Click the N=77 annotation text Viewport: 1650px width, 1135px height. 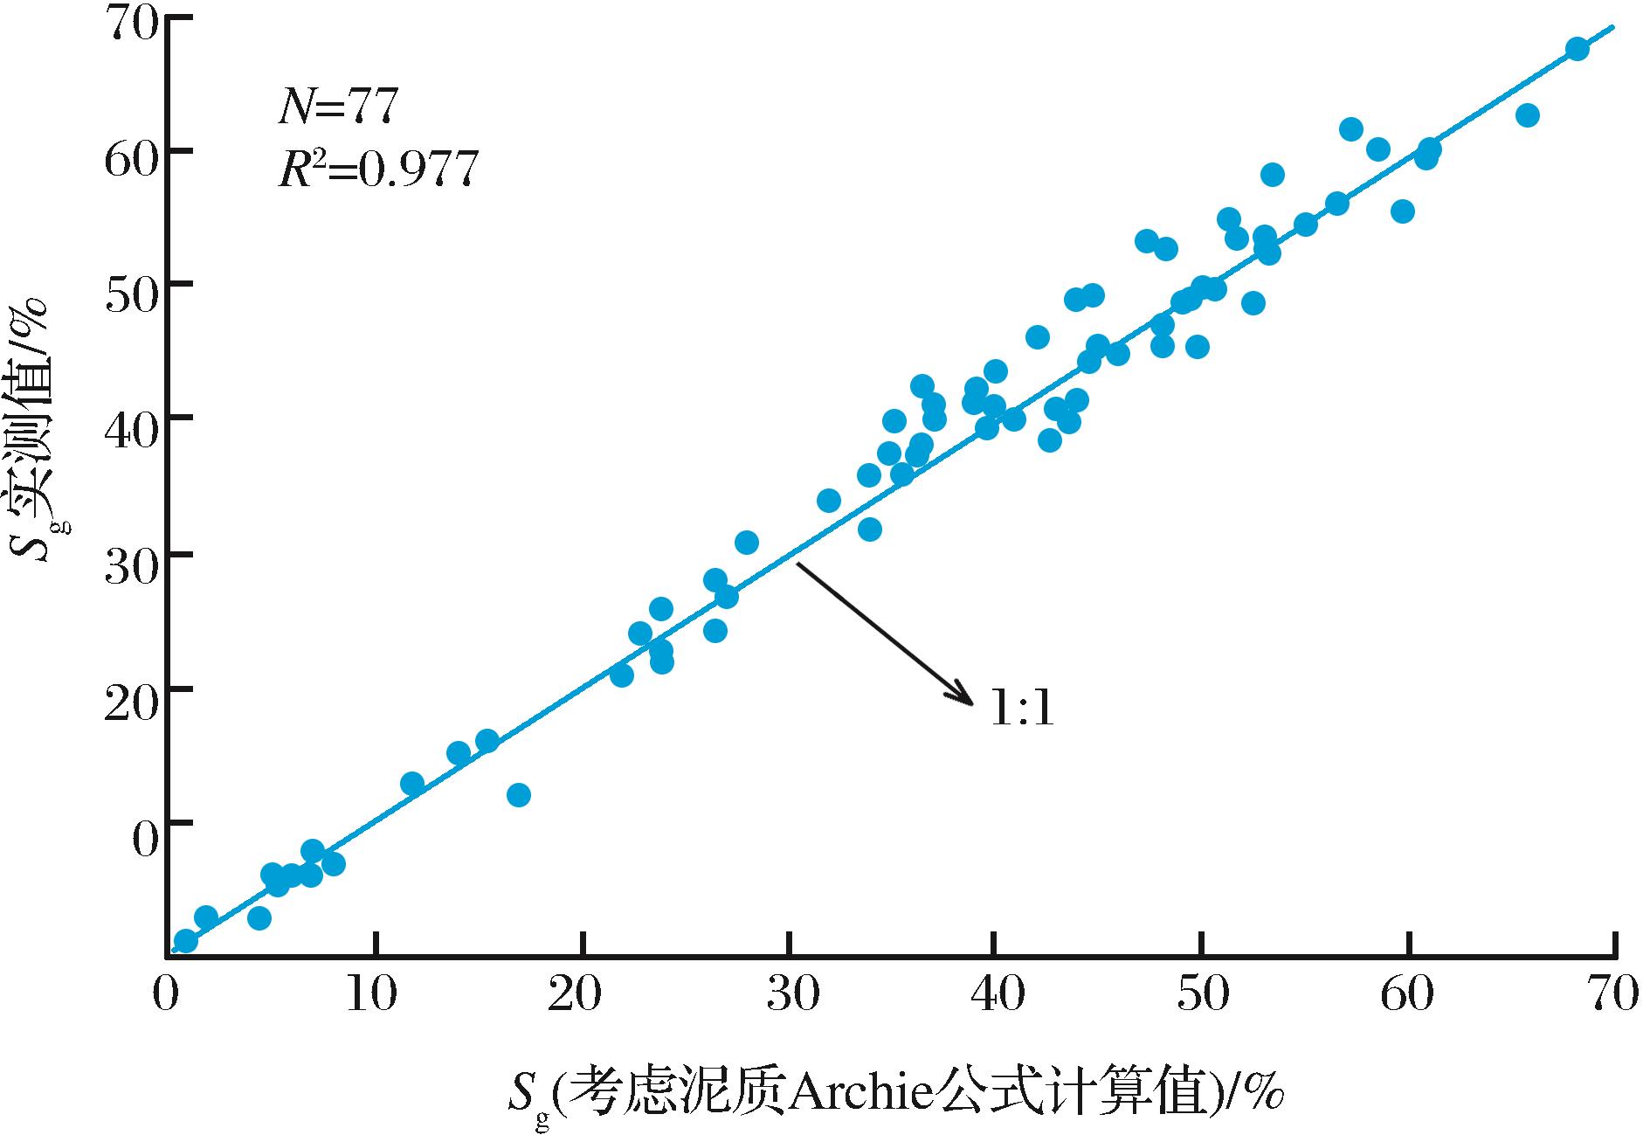(338, 107)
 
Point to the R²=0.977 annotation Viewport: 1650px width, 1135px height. (378, 169)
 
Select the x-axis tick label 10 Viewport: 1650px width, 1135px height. (375, 996)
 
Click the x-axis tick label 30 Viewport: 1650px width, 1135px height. (790, 996)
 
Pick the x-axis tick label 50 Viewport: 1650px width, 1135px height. (1203, 996)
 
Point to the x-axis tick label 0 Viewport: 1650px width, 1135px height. (165, 996)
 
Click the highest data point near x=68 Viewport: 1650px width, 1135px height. (1577, 49)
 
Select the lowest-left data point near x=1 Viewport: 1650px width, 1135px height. (185, 941)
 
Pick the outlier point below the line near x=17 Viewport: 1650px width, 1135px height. (519, 795)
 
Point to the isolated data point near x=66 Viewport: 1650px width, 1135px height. (1527, 115)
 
